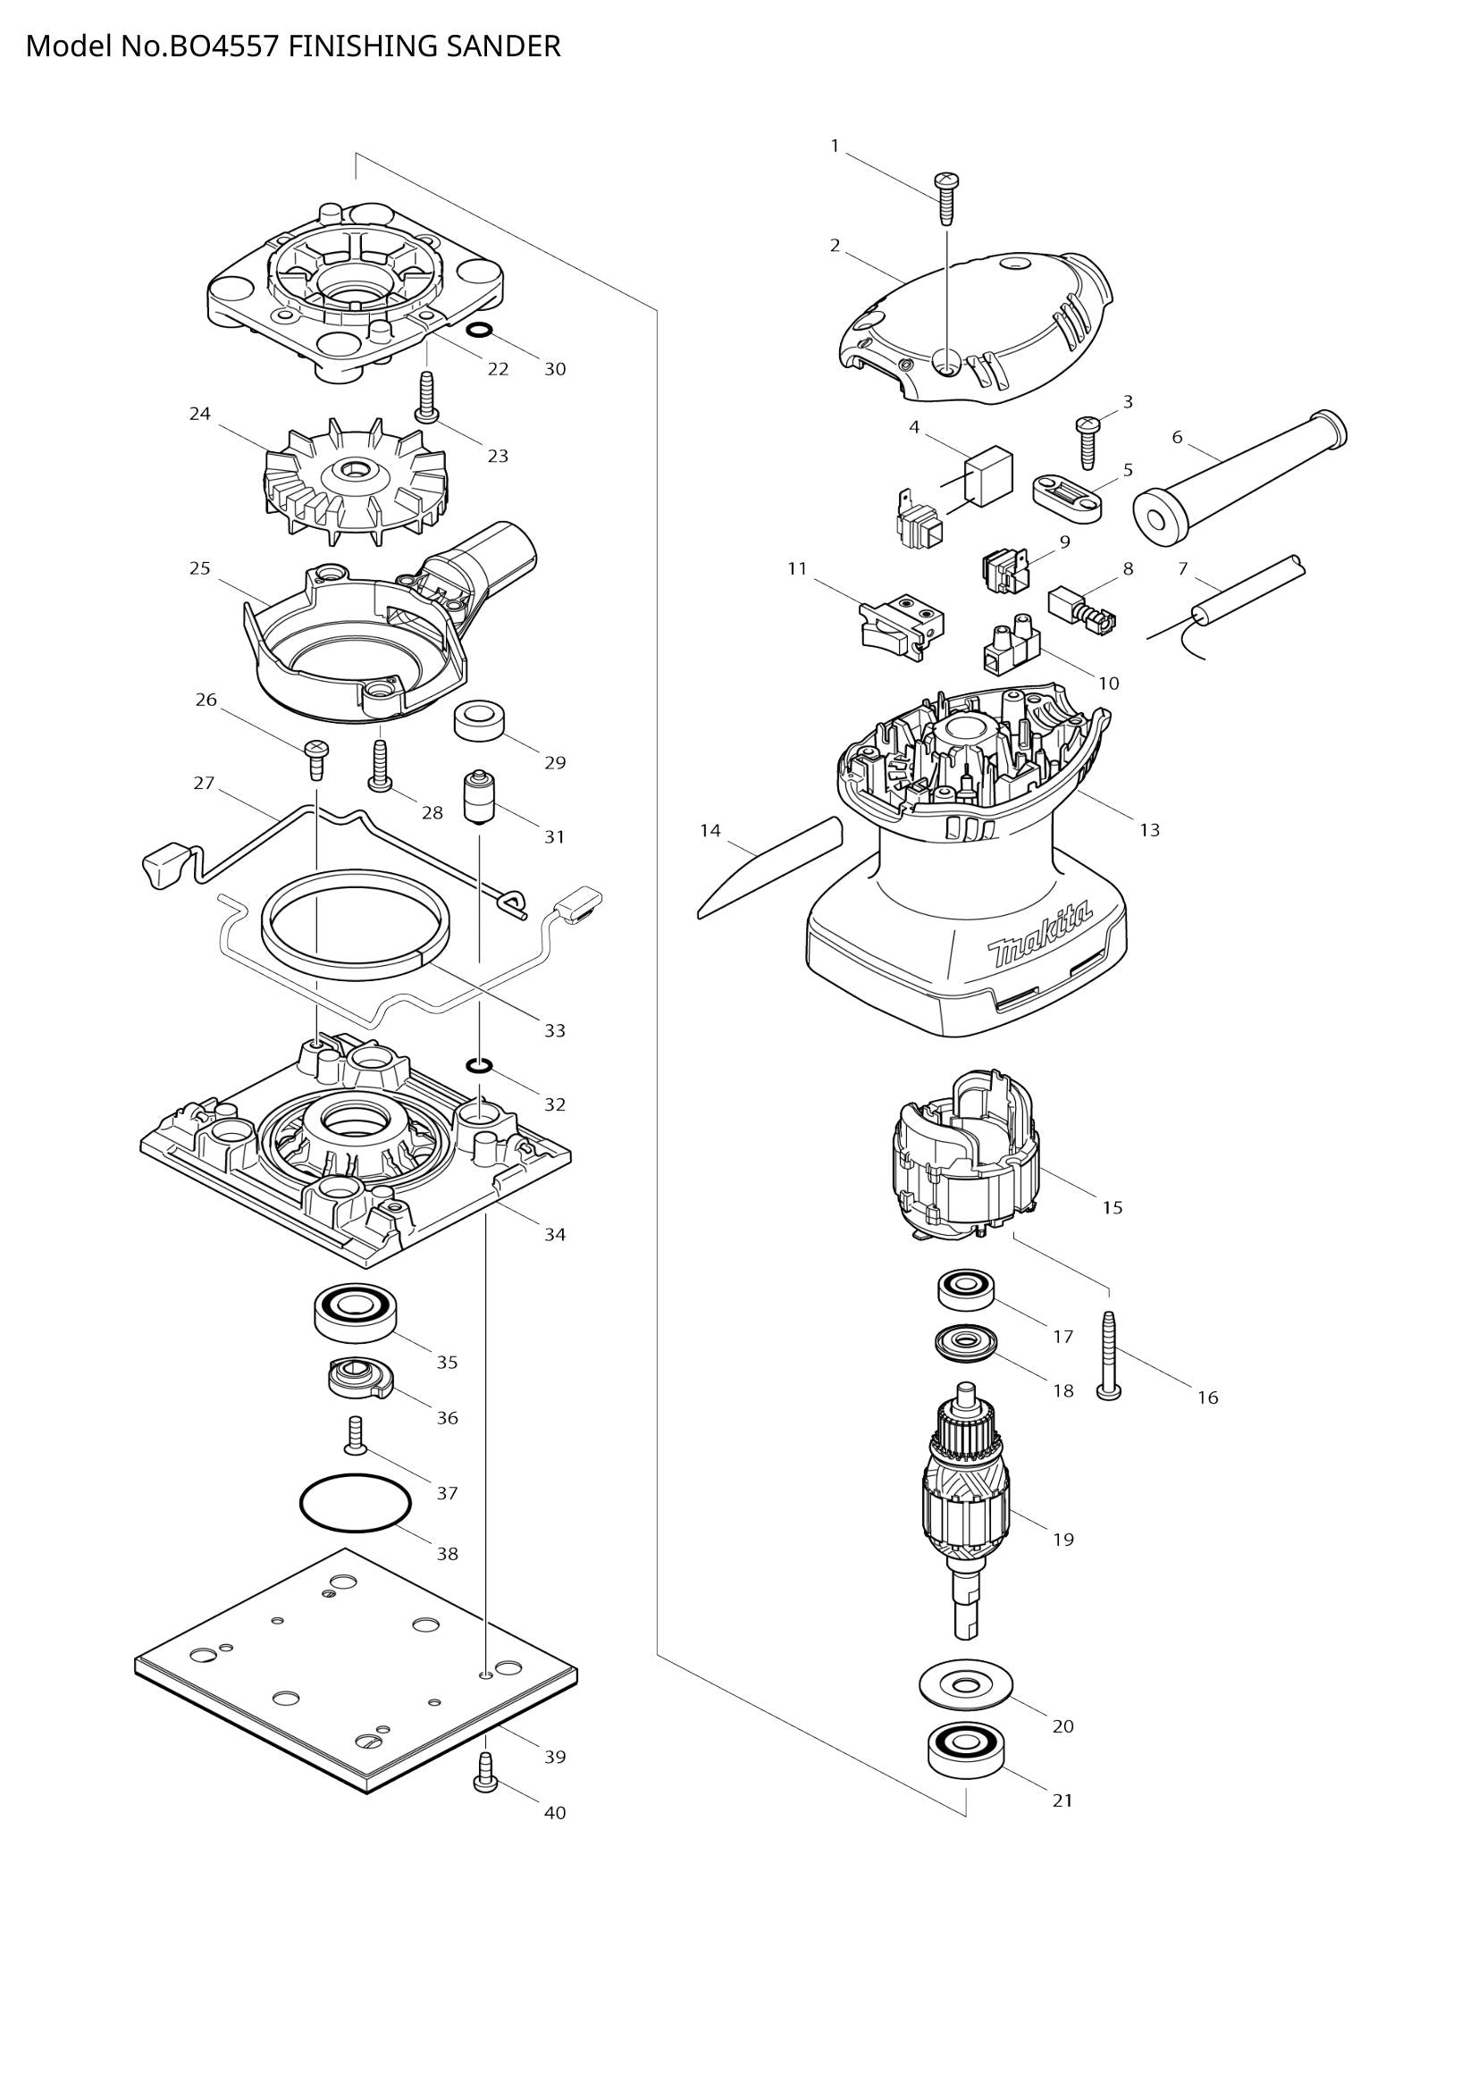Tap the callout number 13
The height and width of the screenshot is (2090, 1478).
click(1149, 829)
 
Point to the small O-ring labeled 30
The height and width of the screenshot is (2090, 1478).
click(480, 331)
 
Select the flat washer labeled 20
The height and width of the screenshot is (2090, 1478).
click(966, 1686)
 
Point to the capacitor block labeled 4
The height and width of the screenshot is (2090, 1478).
click(987, 474)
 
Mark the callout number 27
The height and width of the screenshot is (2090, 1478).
click(204, 783)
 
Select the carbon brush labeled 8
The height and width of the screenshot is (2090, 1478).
click(1079, 606)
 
